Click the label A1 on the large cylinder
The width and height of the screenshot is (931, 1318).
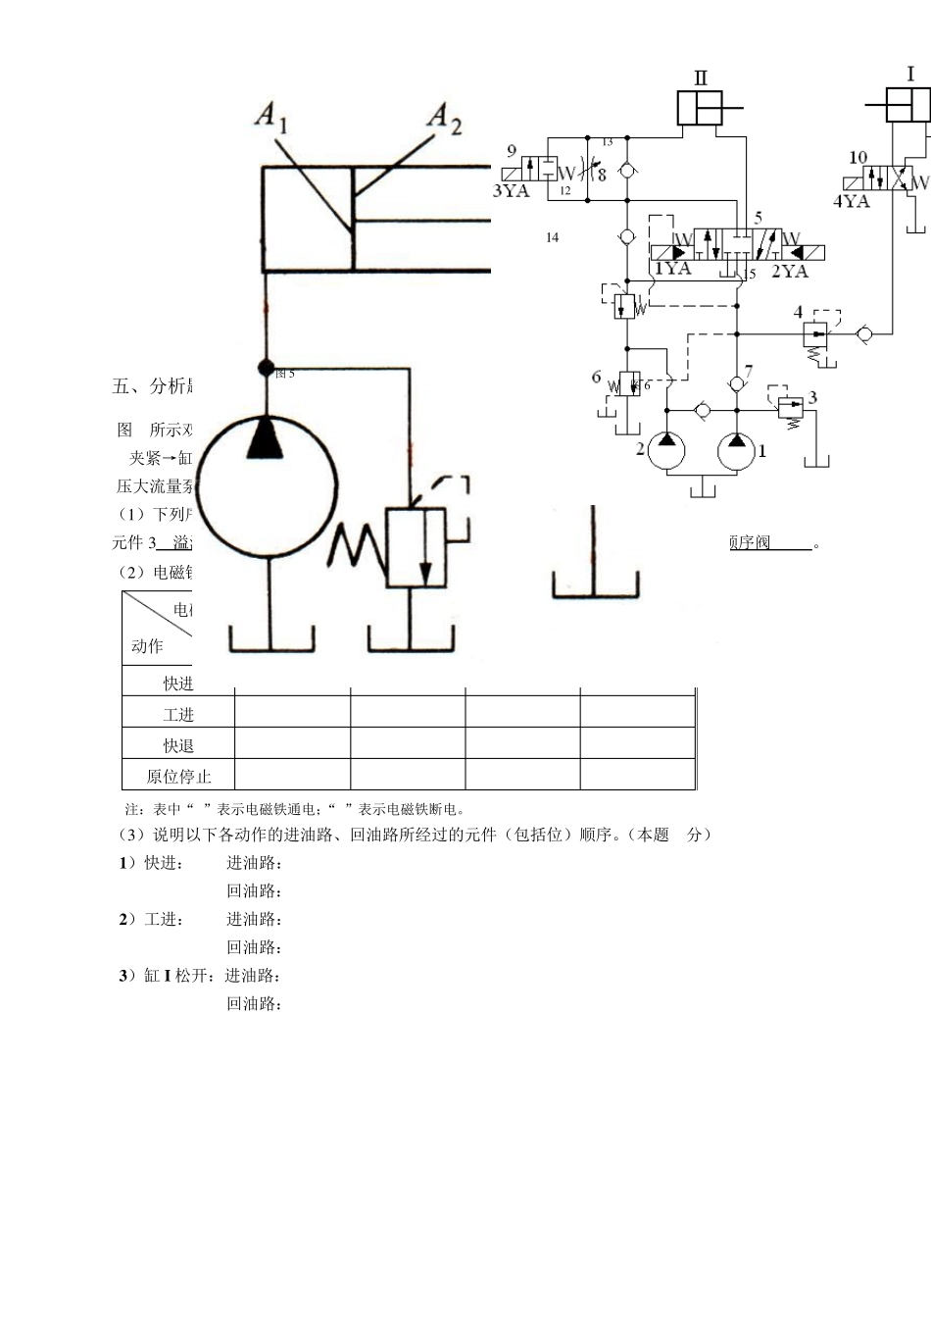270,117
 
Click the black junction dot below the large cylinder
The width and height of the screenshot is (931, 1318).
265,368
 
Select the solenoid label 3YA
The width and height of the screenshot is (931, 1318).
510,191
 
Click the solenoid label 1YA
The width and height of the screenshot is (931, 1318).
672,269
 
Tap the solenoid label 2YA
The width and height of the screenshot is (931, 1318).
789,271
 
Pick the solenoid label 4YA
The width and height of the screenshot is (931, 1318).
851,201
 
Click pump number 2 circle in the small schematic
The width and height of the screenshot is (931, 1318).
665,452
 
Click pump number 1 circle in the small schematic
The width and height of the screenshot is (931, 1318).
736,452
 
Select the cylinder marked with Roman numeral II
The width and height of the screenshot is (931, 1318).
701,108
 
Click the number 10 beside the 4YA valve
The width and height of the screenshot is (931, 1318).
857,157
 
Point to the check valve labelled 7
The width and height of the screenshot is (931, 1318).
736,384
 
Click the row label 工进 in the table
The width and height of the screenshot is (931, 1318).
178,715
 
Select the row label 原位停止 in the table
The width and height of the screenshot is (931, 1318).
178,777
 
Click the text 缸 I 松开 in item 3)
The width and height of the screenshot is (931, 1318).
169,976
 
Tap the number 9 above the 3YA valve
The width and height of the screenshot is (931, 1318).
511,151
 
